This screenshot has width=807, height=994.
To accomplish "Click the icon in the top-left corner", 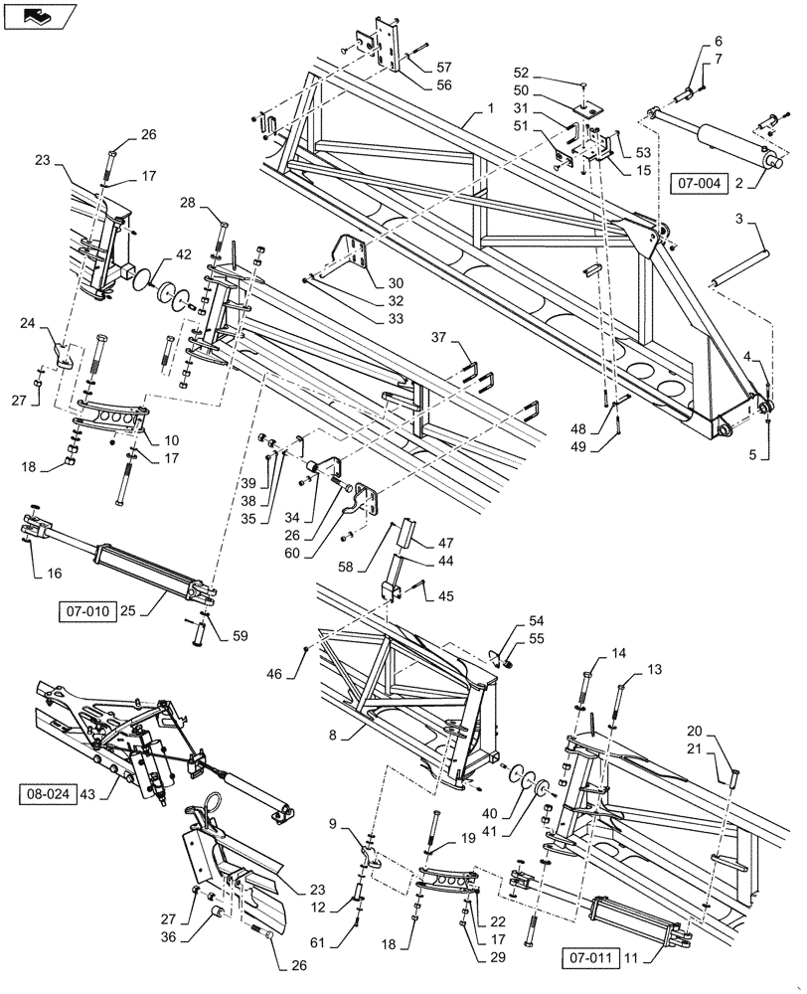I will coord(39,16).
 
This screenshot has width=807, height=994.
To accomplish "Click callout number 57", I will coord(442,67).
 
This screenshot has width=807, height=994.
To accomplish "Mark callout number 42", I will coord(184,254).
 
